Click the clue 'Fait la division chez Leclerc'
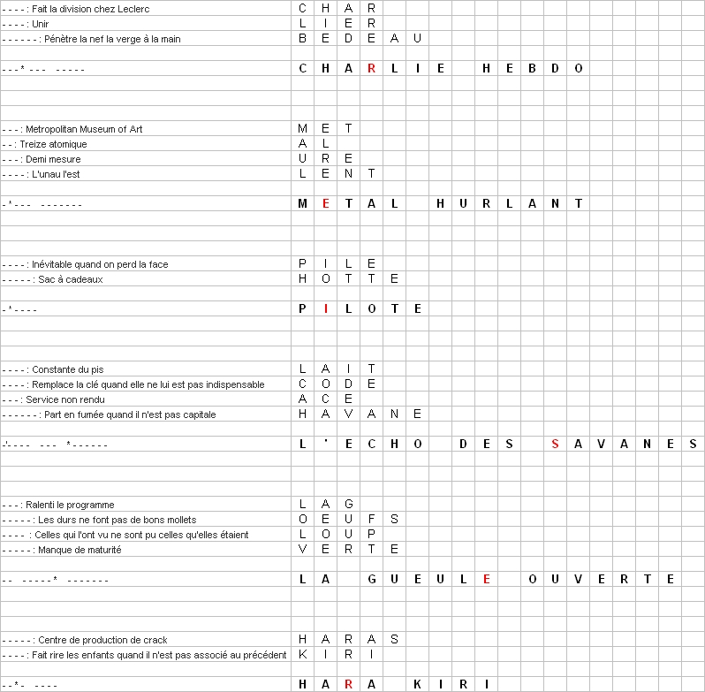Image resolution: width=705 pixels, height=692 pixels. pos(80,8)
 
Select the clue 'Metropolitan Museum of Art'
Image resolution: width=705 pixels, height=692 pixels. pos(83,129)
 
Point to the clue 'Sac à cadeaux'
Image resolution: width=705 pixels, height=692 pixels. pos(70,279)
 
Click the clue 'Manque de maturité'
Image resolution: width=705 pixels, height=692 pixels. pos(80,550)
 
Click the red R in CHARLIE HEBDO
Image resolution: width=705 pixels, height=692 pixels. pos(371,68)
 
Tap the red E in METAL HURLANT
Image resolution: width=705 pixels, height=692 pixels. pos(325,203)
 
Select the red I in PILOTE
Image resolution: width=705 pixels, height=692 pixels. pos(325,308)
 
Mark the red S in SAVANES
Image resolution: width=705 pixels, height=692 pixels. pos(555,444)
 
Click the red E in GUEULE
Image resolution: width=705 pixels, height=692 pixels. pos(486,579)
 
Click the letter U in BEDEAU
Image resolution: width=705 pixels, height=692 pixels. pos(417,39)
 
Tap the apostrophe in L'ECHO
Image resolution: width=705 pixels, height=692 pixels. pos(325,443)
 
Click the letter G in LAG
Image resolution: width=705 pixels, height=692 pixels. pos(348,505)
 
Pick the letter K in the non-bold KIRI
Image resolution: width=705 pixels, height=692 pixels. pos(302,655)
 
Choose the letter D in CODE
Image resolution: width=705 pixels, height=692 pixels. pos(348,384)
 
